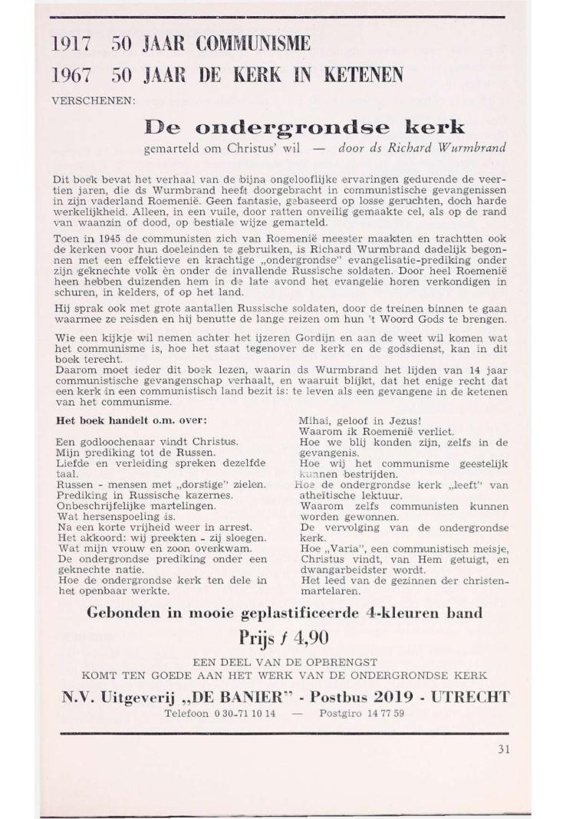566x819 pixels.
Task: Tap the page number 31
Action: [x=502, y=751]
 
